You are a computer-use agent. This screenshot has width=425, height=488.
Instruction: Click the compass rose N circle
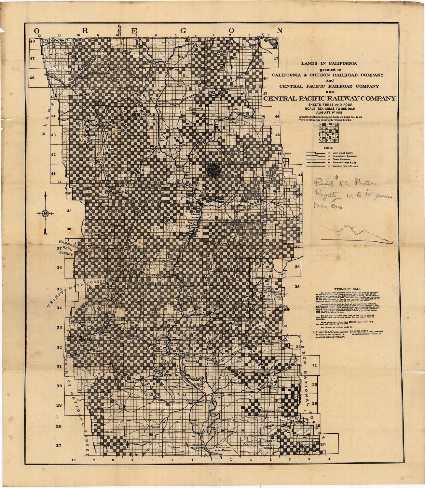coord(46,213)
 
